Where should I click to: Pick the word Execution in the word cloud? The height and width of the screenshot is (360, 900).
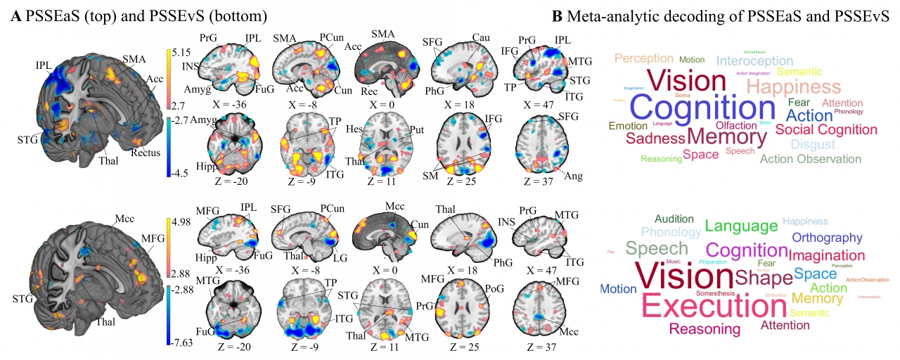pos(714,306)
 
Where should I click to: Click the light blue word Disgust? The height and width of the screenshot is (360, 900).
pos(813,144)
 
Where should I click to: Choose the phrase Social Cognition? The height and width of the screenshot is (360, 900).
pos(826,129)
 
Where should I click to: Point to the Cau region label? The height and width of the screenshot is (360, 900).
pos(482,37)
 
